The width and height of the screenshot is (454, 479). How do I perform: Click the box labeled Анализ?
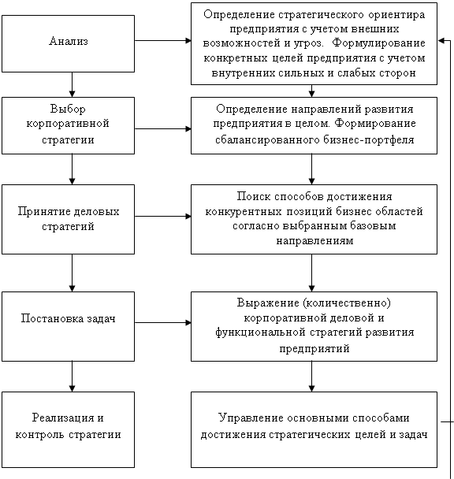coord(68,43)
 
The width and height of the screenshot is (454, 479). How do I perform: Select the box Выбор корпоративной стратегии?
coord(68,125)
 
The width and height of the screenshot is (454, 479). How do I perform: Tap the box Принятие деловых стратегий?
coord(68,219)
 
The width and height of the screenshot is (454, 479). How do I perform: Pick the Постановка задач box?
coord(68,327)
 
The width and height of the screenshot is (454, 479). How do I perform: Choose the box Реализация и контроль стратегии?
coord(68,429)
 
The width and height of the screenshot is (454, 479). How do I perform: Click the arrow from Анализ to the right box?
coord(163,40)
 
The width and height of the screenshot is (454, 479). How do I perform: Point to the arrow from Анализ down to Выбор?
coord(73,84)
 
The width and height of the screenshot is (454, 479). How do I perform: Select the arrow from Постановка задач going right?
coord(163,322)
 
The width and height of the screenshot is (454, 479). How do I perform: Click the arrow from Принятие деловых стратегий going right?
coord(163,217)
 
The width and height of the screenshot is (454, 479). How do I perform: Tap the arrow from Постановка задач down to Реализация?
coord(73,377)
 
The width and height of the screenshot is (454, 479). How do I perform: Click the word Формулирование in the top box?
coord(378,43)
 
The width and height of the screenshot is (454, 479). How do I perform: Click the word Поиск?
coord(254,196)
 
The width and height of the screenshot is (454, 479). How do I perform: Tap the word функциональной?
coord(260,332)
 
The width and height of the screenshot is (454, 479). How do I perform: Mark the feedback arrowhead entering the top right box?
coord(441,41)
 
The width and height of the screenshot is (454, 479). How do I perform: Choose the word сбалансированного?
coord(267,140)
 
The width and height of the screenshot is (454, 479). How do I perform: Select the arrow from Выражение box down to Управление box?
coord(311,377)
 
